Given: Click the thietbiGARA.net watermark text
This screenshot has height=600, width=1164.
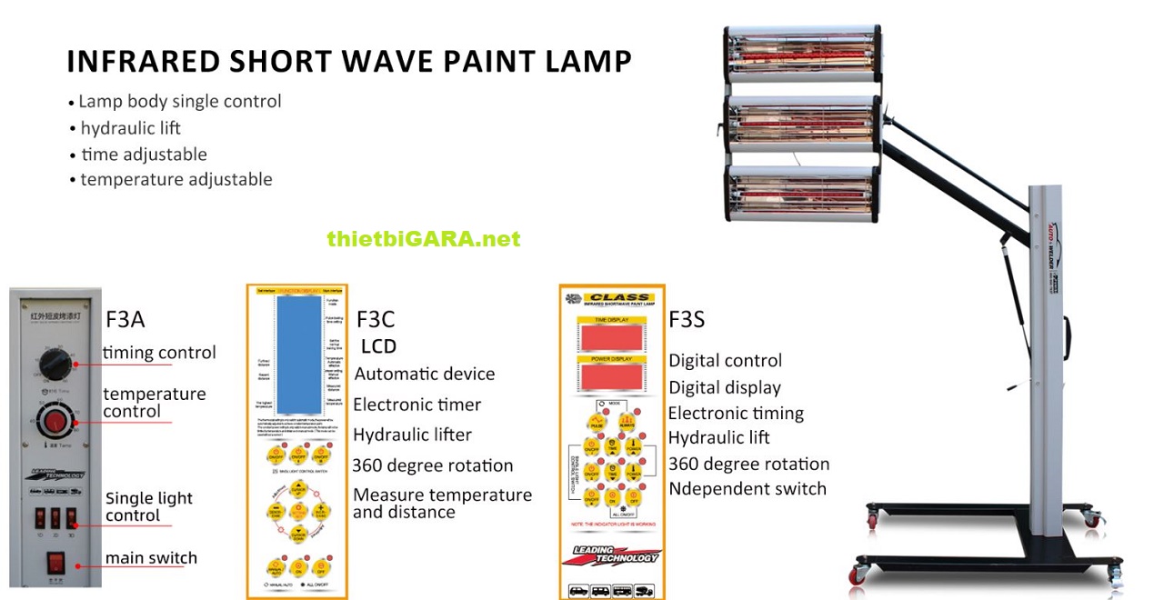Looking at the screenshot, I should pos(424,239).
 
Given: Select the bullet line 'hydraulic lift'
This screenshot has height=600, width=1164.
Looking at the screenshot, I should pos(130,128).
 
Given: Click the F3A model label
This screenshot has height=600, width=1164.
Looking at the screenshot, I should pos(125,319).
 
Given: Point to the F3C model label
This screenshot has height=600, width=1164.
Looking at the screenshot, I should pos(376,319).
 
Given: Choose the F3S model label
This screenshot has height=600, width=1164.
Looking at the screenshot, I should pos(687,319).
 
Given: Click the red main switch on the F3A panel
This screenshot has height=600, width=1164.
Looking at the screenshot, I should pos(56,564).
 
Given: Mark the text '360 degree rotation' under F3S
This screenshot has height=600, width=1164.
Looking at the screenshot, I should pos(748,464).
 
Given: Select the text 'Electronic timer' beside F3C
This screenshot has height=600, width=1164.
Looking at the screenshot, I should pos(416,405).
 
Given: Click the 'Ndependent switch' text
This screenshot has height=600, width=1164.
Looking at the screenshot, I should pos(748,489).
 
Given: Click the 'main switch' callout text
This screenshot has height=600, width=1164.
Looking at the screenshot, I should pos(151,557).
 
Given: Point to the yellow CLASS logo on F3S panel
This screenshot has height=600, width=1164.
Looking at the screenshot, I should pos(618,297).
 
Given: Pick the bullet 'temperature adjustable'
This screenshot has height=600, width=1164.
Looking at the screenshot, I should pos(176,179).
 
